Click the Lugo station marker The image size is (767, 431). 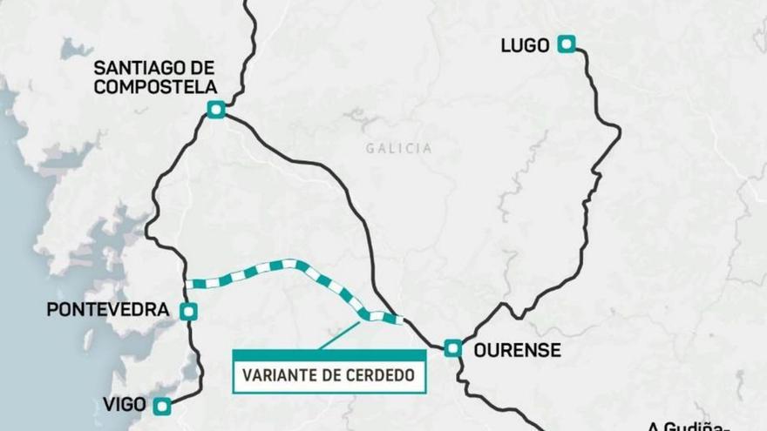click(x=567, y=44)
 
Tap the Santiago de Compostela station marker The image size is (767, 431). click(x=216, y=109)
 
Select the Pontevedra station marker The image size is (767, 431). click(x=188, y=311)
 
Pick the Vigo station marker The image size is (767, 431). click(x=161, y=406)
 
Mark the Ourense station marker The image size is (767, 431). click(x=452, y=348)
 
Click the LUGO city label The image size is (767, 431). click(x=525, y=44)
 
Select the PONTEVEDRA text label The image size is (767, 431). click(x=107, y=310)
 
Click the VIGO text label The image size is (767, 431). click(x=123, y=405)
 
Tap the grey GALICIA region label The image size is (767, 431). click(x=398, y=148)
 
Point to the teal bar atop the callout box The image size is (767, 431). click(x=329, y=355)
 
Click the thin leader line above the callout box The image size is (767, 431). click(x=340, y=335)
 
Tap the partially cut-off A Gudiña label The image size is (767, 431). click(x=688, y=426)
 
